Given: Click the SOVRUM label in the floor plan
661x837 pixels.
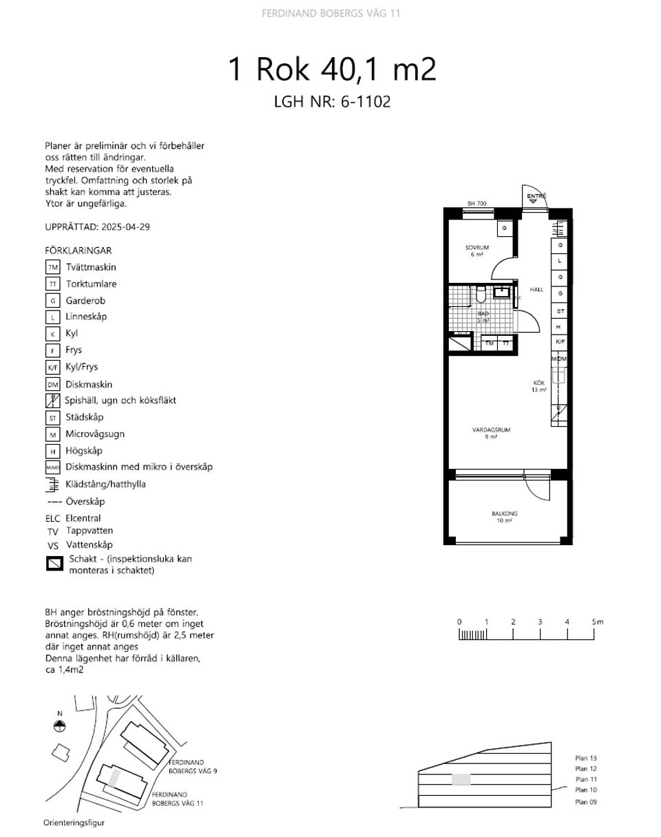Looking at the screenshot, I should tap(476, 247).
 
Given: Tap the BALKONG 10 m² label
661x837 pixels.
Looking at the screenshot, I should tap(504, 513).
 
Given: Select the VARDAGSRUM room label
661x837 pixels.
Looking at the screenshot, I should tap(490, 430).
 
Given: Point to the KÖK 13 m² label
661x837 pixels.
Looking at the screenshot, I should tap(538, 386).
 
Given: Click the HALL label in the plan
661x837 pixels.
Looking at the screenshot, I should tap(536, 290).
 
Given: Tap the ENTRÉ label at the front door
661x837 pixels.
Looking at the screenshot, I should tap(536, 197).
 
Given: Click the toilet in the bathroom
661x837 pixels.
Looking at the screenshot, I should tap(481, 295).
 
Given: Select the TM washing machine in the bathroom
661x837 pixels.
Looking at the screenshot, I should tap(490, 342).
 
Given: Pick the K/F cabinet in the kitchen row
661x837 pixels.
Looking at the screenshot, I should tap(560, 342).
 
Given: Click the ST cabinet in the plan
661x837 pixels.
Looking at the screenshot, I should tap(560, 311).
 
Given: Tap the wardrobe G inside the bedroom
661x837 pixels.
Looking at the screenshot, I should tap(505, 228).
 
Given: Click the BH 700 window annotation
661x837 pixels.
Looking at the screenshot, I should tap(476, 204).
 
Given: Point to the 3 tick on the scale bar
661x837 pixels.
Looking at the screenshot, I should tap(541, 622).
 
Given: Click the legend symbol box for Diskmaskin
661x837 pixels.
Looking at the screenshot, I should tap(52, 385).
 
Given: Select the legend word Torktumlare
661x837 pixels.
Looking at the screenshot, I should tap(91, 284).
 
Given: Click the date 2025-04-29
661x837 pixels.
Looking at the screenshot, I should tap(125, 227).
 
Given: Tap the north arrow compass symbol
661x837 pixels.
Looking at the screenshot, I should tap(60, 725).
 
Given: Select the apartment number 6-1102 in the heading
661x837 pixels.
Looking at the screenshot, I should tap(364, 102).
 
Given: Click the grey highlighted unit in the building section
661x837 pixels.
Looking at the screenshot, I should tap(461, 779).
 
